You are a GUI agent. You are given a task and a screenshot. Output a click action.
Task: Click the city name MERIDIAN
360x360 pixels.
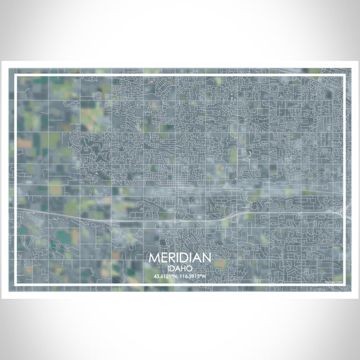pyautogui.click(x=180, y=257)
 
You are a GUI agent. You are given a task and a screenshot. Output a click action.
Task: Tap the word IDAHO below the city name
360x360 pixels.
pyautogui.click(x=180, y=268)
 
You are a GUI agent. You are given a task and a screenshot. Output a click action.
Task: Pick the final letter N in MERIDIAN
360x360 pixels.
pyautogui.click(x=206, y=257)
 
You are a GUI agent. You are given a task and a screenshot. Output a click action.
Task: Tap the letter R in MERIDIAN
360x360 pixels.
pyautogui.click(x=173, y=257)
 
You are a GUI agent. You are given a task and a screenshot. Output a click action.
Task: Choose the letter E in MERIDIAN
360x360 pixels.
pyautogui.click(x=164, y=257)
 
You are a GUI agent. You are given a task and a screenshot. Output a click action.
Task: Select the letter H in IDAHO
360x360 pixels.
pyautogui.click(x=183, y=268)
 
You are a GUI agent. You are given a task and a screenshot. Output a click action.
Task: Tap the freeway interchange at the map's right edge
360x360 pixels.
pyautogui.click(x=343, y=208)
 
